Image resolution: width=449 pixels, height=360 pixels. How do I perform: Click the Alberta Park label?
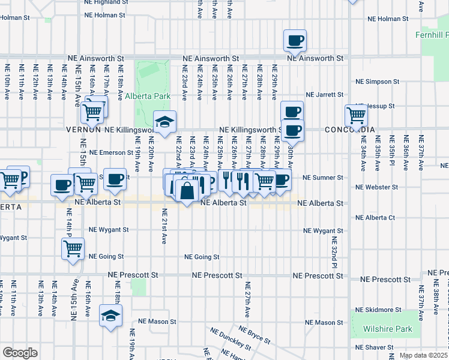148,96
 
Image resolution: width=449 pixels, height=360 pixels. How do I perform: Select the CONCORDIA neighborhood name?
350,130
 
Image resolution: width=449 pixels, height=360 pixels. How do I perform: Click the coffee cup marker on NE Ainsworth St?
295,41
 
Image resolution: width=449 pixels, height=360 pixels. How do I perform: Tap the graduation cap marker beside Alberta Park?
164,122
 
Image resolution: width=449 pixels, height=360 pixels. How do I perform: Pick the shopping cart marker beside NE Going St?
73,249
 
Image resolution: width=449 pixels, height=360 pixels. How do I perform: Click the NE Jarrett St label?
324,95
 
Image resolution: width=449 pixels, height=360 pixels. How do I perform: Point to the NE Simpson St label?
373,81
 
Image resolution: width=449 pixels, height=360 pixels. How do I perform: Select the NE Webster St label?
373,187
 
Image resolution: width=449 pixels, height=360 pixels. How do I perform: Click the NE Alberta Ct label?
375,218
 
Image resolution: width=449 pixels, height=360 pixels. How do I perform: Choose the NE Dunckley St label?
231,338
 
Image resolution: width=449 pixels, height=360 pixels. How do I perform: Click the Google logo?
19,353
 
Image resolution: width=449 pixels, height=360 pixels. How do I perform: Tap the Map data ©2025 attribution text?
423,355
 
